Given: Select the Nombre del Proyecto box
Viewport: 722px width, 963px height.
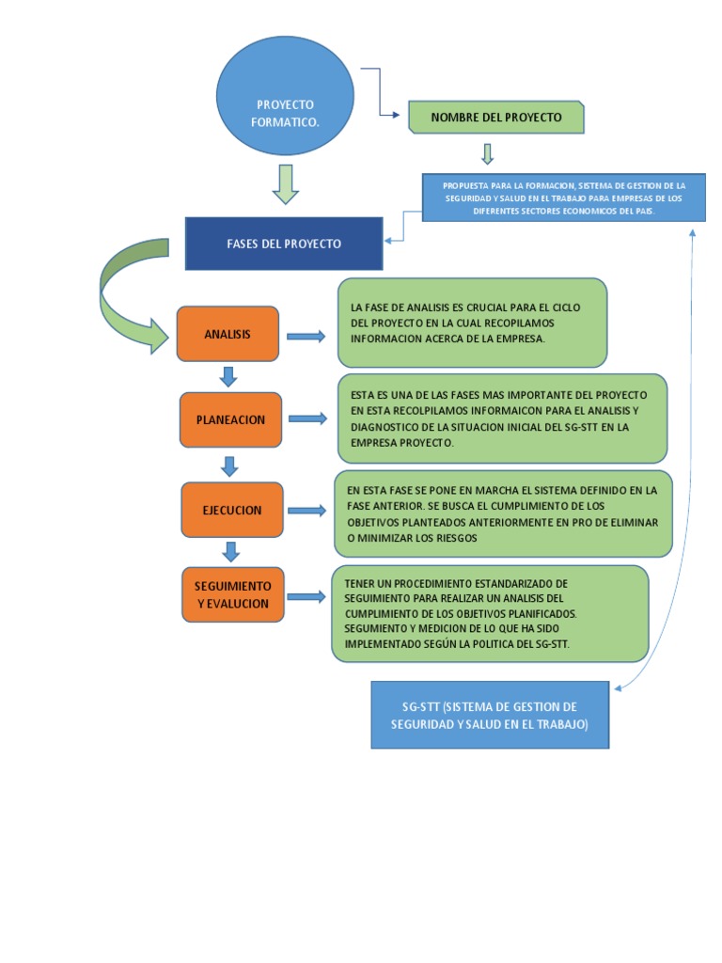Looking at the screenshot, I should tap(496, 118).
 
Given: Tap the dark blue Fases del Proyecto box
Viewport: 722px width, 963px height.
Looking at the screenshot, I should tap(284, 244).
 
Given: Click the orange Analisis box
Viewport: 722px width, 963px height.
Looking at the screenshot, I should tap(228, 334).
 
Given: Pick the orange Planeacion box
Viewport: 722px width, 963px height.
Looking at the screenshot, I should tap(230, 419).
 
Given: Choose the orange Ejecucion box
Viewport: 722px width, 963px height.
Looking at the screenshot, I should tap(231, 510).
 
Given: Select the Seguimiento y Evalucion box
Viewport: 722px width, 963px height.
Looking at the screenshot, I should tap(232, 594).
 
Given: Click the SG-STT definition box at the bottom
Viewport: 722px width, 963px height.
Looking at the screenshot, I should tap(490, 715).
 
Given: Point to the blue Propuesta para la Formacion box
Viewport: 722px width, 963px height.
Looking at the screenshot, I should tap(564, 198).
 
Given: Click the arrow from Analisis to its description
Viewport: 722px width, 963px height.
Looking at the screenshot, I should tap(306, 336).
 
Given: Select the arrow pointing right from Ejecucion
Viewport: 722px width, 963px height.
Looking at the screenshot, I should tap(306, 510).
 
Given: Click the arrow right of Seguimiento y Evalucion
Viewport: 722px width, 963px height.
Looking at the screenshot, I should tap(306, 596).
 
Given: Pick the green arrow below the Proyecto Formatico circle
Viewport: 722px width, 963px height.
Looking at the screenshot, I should tap(285, 184).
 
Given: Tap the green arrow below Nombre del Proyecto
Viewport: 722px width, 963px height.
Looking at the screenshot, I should tap(487, 153).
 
